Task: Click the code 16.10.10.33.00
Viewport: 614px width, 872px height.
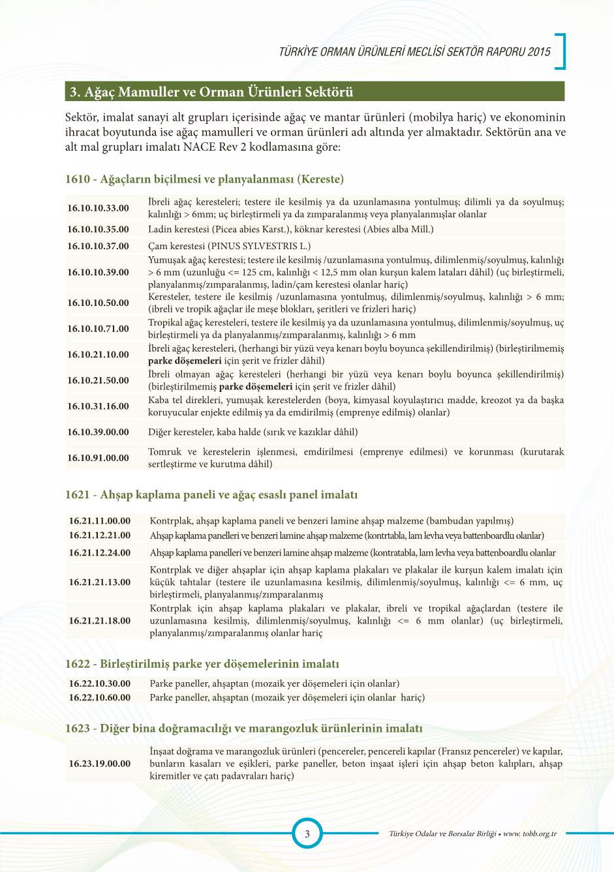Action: point(98,208)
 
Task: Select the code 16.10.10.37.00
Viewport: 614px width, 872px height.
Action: point(98,246)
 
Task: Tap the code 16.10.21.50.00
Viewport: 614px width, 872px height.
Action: point(98,380)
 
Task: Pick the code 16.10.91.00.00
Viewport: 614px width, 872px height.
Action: point(98,458)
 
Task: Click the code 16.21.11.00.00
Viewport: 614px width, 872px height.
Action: point(100,520)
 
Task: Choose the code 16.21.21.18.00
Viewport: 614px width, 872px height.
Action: point(100,620)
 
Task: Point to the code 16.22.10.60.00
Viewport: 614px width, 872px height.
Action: point(100,697)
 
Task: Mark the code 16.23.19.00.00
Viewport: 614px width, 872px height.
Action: point(100,763)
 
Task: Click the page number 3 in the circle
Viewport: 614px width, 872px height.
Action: point(307,833)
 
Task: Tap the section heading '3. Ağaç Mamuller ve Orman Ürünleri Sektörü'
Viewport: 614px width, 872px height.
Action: point(211,92)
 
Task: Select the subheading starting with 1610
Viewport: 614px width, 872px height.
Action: point(204,179)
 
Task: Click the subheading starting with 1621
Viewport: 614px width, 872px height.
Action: point(211,494)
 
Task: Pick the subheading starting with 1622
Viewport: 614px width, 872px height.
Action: point(202,663)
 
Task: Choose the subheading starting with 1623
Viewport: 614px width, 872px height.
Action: point(244,728)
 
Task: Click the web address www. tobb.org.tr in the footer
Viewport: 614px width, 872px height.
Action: point(530,834)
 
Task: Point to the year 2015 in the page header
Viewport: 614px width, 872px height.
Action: point(540,52)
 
